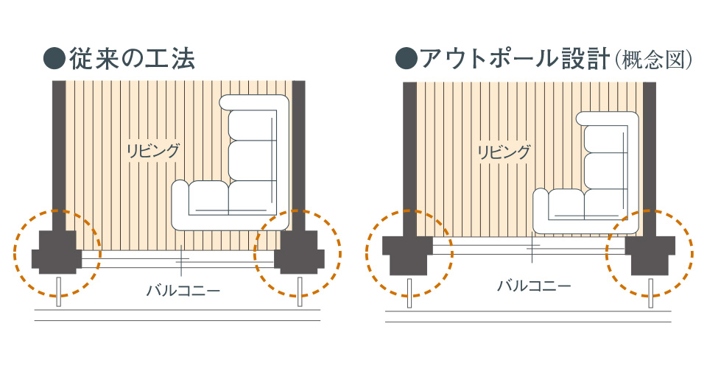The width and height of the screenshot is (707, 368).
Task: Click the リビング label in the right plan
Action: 503,152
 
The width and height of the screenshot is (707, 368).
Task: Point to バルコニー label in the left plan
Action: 184,289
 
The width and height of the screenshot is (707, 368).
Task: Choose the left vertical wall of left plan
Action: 58,147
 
